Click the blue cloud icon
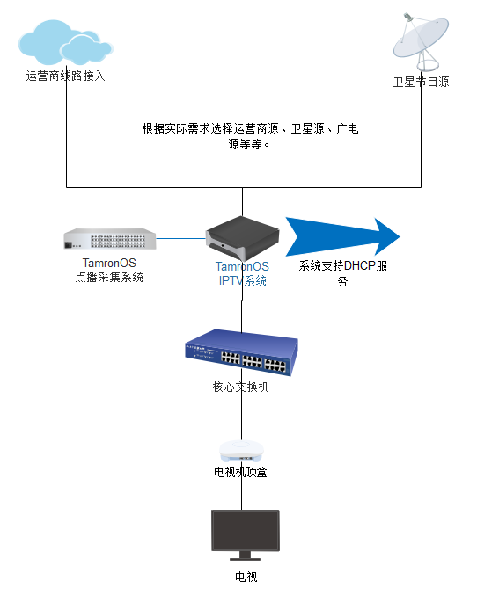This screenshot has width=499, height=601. click(65, 42)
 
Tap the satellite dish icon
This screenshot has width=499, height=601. click(421, 41)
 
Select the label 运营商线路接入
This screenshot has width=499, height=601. click(66, 76)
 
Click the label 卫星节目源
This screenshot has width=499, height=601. click(421, 82)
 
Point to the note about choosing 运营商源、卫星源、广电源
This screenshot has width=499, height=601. click(250, 135)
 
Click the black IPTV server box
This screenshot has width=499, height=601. click(243, 238)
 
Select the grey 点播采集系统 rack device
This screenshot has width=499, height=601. click(110, 239)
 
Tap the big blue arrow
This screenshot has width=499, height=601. click(342, 237)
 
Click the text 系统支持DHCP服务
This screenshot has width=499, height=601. click(342, 273)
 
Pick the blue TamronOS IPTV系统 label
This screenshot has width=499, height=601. click(242, 273)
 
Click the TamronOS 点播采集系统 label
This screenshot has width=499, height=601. click(109, 270)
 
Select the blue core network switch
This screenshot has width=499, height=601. click(241, 352)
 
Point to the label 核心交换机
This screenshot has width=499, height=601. click(240, 387)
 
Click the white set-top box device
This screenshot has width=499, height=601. click(241, 451)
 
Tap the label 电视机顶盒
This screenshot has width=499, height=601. click(240, 472)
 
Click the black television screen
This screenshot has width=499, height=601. click(246, 531)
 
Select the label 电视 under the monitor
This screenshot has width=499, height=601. click(246, 576)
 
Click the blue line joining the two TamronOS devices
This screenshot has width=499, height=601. click(181, 238)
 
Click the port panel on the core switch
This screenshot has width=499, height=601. click(253, 361)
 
